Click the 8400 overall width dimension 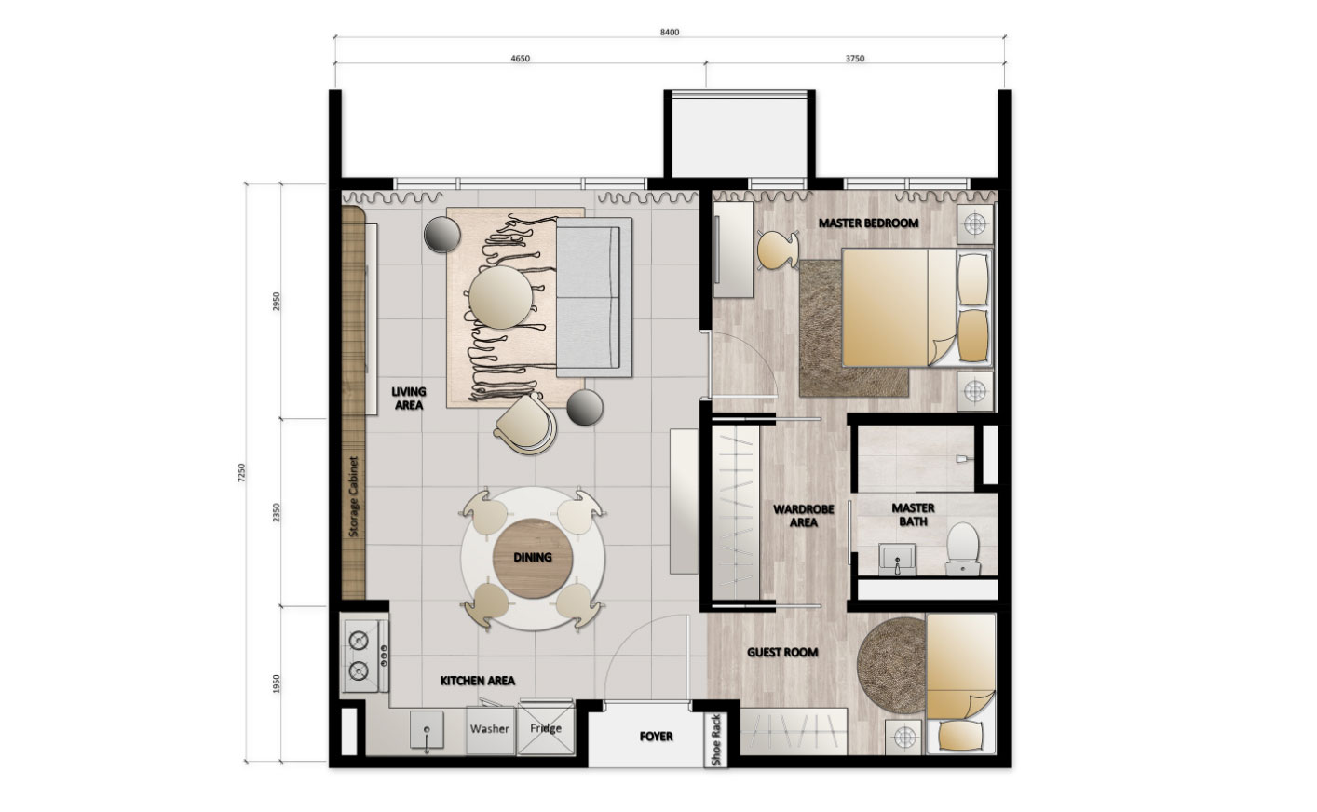click(669, 32)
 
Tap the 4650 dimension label click(521, 59)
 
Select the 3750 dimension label click(855, 59)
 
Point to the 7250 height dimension click(241, 473)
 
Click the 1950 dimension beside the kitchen click(277, 683)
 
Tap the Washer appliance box click(490, 731)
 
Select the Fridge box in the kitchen click(545, 730)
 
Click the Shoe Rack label click(716, 739)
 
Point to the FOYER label click(656, 737)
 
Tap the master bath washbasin click(897, 559)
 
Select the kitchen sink click(427, 730)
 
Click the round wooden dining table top click(533, 559)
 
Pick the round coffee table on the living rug click(501, 298)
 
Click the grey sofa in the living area click(594, 298)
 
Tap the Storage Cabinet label click(353, 497)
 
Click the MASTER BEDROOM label click(868, 223)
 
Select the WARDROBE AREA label click(803, 516)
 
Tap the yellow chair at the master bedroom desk click(778, 250)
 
